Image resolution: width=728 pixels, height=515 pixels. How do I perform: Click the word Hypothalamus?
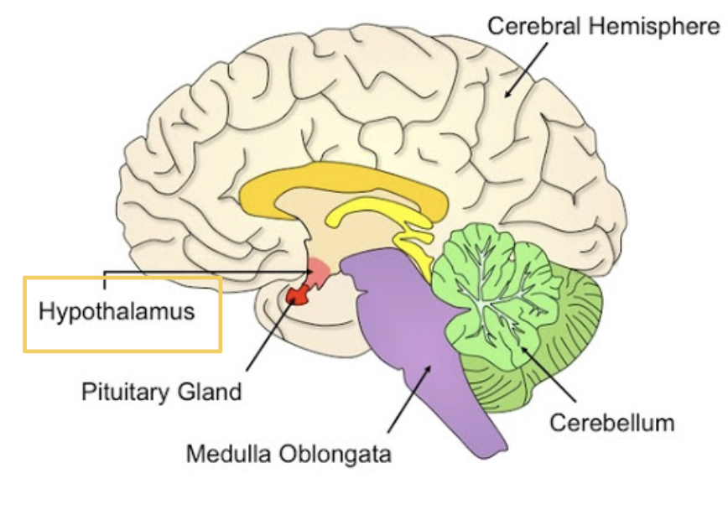tap(117, 312)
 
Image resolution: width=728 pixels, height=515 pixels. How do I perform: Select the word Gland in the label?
tap(215, 391)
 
